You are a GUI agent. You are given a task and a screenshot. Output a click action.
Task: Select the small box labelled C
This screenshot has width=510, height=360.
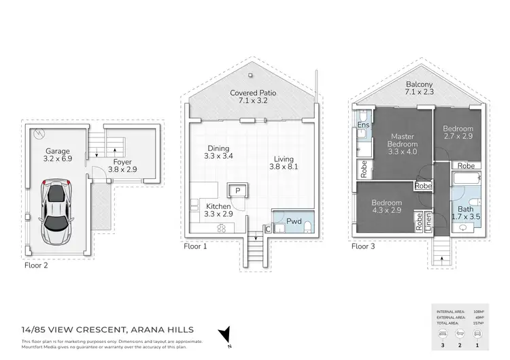coord(267,230)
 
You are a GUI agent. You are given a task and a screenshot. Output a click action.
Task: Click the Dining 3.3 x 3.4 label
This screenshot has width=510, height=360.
coord(219,152)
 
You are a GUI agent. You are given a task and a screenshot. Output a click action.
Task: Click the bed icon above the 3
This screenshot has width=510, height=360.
coord(443,334)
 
